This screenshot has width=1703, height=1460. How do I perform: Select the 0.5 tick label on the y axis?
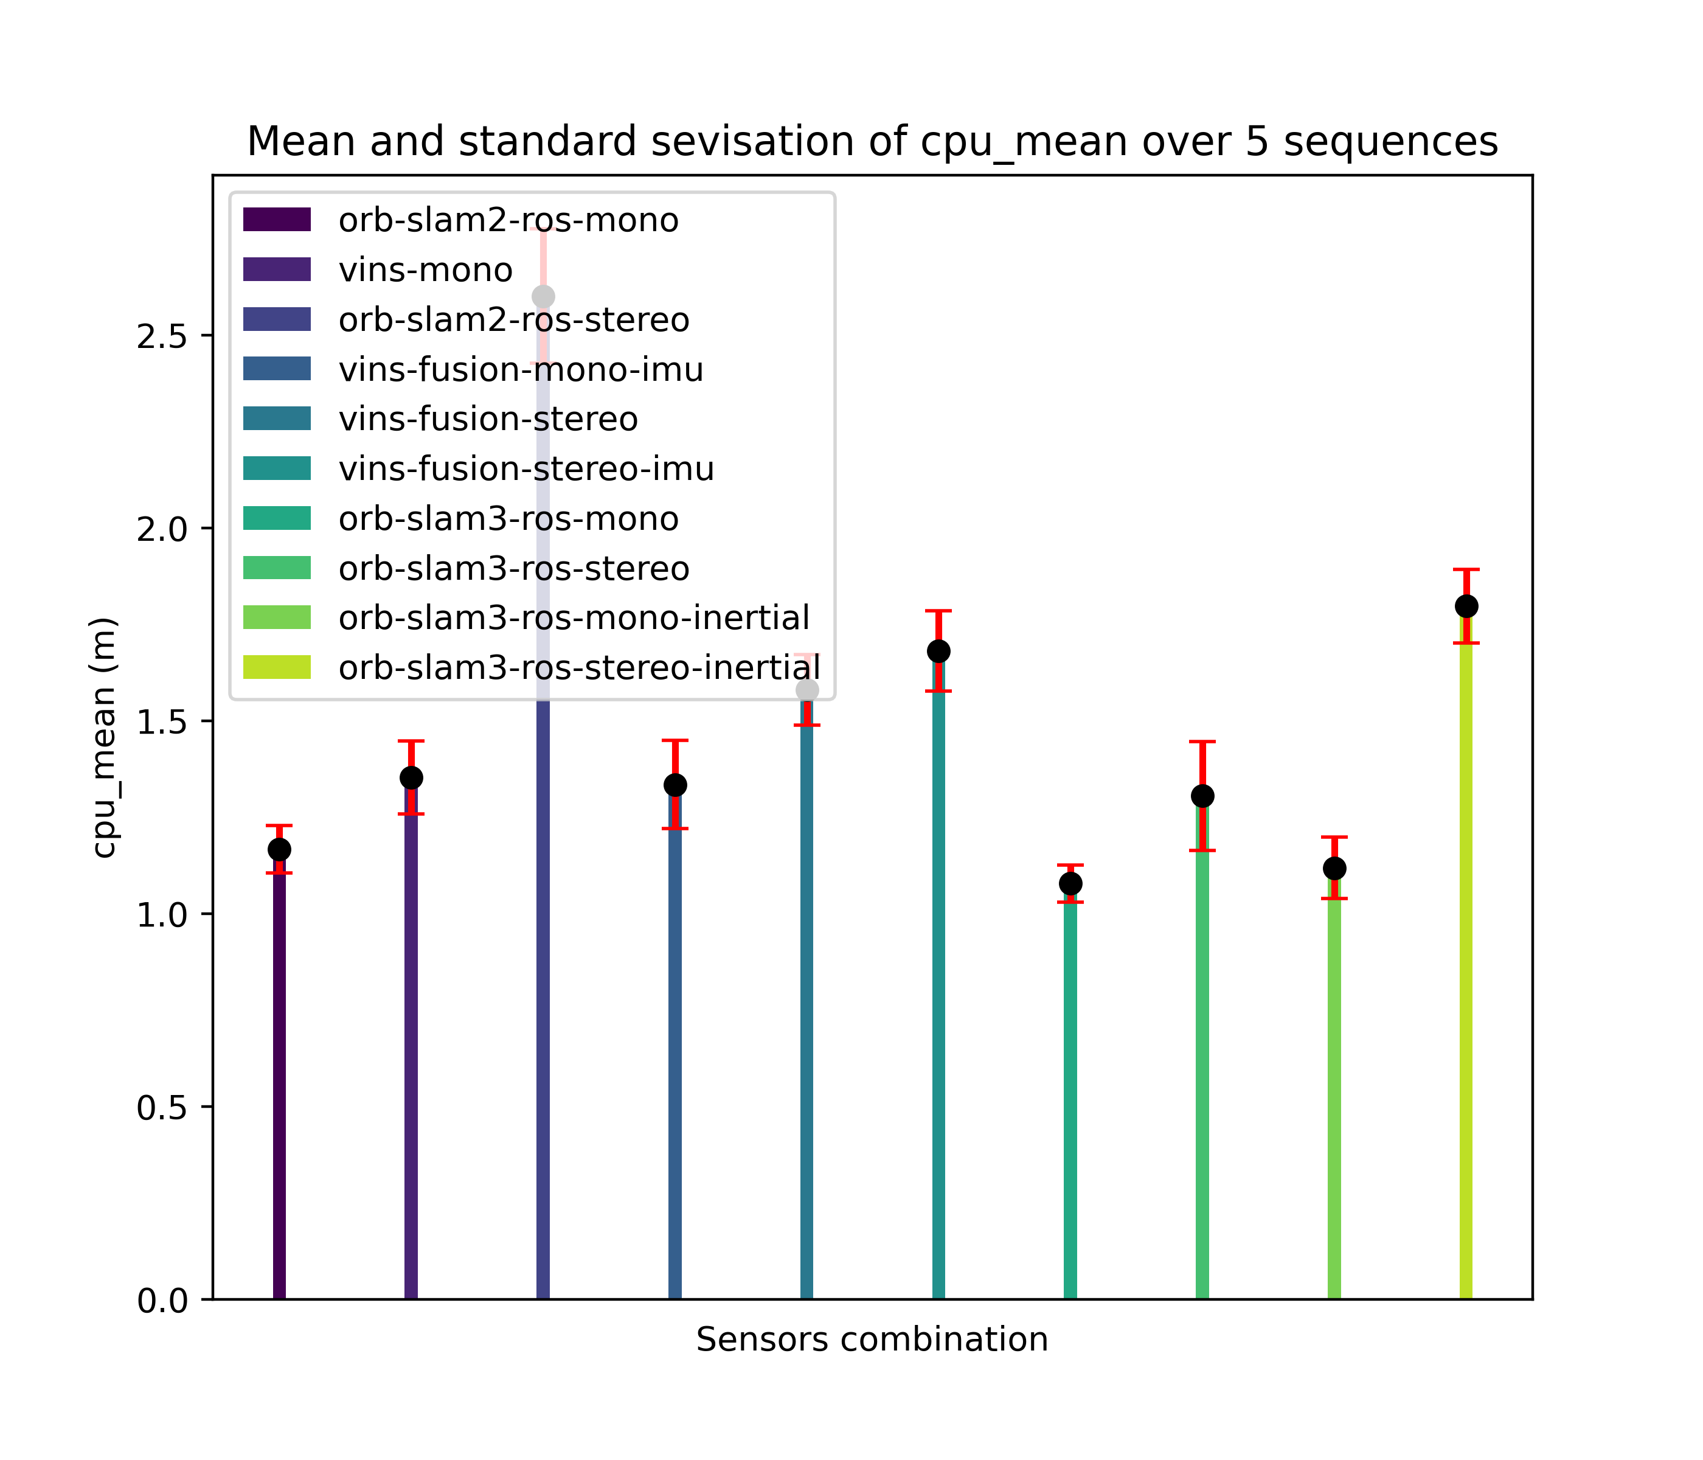pyautogui.click(x=164, y=1107)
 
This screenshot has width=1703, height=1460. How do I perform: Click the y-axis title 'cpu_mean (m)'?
pyautogui.click(x=105, y=737)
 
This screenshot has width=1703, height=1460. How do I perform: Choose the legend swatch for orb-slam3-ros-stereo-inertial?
pyautogui.click(x=277, y=667)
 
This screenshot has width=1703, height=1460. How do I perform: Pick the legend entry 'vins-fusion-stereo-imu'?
pyautogui.click(x=526, y=468)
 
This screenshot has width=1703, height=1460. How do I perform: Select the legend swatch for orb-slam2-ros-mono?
pyautogui.click(x=277, y=220)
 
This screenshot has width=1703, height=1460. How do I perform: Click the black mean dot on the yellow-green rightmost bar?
pyautogui.click(x=1466, y=607)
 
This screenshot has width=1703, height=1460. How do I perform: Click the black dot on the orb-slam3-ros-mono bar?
pyautogui.click(x=1070, y=884)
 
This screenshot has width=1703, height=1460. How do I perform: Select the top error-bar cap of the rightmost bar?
pyautogui.click(x=1466, y=569)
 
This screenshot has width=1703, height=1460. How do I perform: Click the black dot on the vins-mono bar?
pyautogui.click(x=411, y=777)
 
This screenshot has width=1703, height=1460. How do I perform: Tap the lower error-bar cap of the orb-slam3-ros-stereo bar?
pyautogui.click(x=1202, y=850)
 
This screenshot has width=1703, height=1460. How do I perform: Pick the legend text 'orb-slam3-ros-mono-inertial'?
pyautogui.click(x=574, y=617)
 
